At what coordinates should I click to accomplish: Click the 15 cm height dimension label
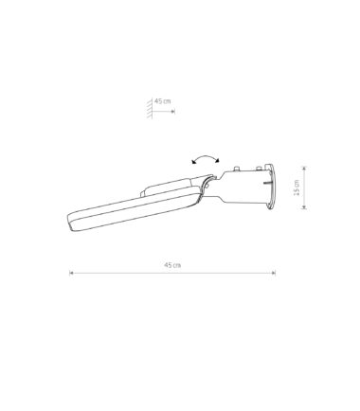[x=297, y=188]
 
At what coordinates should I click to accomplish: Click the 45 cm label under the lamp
[x=172, y=265]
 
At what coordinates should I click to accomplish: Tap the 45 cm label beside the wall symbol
[x=162, y=101]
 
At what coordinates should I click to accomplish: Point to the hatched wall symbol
[x=150, y=108]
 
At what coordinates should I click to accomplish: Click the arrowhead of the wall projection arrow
[x=172, y=112]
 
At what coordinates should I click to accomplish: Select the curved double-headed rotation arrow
[x=206, y=157]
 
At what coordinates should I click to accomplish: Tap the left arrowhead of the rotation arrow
[x=193, y=162]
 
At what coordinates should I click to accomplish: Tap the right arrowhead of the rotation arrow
[x=217, y=161]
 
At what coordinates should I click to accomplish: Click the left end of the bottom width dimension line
[x=70, y=273]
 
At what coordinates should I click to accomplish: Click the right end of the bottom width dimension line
[x=275, y=273]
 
